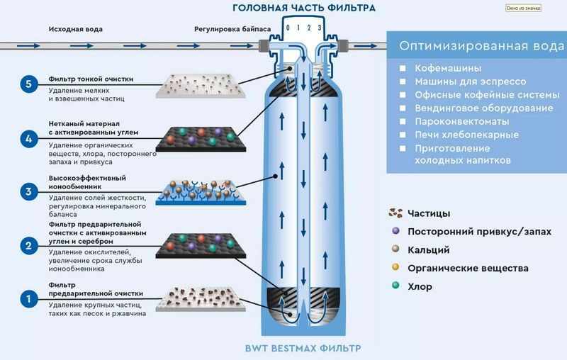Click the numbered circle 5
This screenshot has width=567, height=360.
pos(29,84)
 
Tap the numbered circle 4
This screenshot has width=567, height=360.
pos(29,139)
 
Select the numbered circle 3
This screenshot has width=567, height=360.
pos(29,191)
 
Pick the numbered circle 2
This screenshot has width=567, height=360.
pos(29,246)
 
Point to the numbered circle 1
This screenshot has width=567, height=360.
pos(29,299)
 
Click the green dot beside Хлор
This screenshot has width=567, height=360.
pos(395,285)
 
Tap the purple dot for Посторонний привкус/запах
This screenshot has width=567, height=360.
pos(395,230)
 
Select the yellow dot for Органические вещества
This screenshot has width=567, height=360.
pos(395,267)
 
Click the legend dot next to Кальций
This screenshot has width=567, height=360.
pos(395,249)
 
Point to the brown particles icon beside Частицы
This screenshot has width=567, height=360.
pos(395,213)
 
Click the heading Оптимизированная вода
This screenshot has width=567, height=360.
pos(482,46)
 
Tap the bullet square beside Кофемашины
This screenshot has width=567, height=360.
pos(403,68)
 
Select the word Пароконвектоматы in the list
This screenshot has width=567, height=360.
pos(462,121)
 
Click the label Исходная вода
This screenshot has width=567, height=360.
pos(76,29)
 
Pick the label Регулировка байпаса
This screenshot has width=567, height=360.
pos(232,29)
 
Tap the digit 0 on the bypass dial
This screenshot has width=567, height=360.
pos(288,28)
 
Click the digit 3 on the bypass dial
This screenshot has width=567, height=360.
pos(320,28)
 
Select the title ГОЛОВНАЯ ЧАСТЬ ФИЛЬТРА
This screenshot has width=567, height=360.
pos(304,8)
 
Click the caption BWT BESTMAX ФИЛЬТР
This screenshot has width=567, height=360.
pos(303,349)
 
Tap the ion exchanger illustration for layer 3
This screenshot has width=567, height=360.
pos(201,192)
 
